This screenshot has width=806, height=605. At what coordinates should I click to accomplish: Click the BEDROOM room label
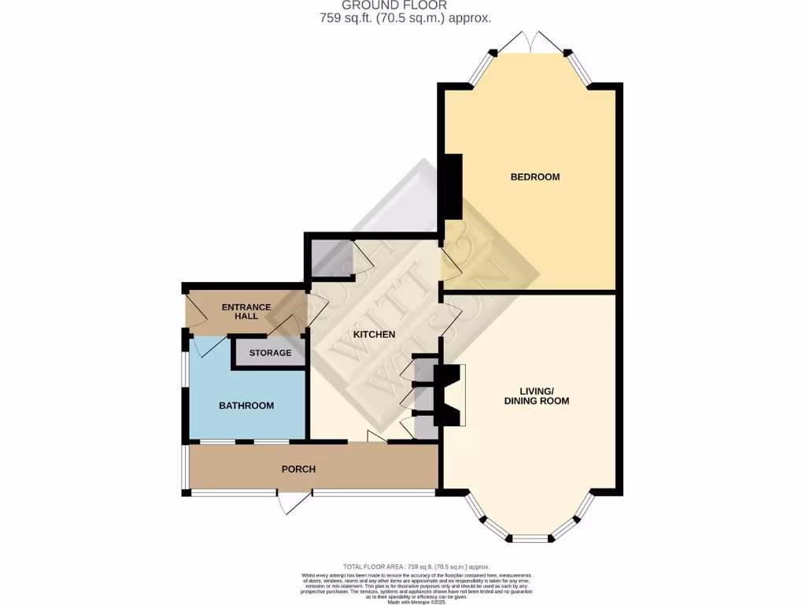[534, 177]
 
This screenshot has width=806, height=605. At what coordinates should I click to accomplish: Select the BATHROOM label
[246, 406]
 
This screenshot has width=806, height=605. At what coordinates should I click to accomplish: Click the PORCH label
[298, 470]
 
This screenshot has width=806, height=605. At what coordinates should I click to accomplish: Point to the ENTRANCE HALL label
[246, 311]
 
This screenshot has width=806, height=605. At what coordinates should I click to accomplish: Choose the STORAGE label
[270, 353]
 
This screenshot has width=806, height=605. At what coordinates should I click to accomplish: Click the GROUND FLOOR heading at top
[405, 6]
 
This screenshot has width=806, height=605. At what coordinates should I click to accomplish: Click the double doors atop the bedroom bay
[531, 42]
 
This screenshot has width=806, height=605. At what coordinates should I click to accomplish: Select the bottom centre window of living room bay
[530, 539]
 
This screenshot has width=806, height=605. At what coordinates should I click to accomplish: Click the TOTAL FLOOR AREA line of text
[416, 567]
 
